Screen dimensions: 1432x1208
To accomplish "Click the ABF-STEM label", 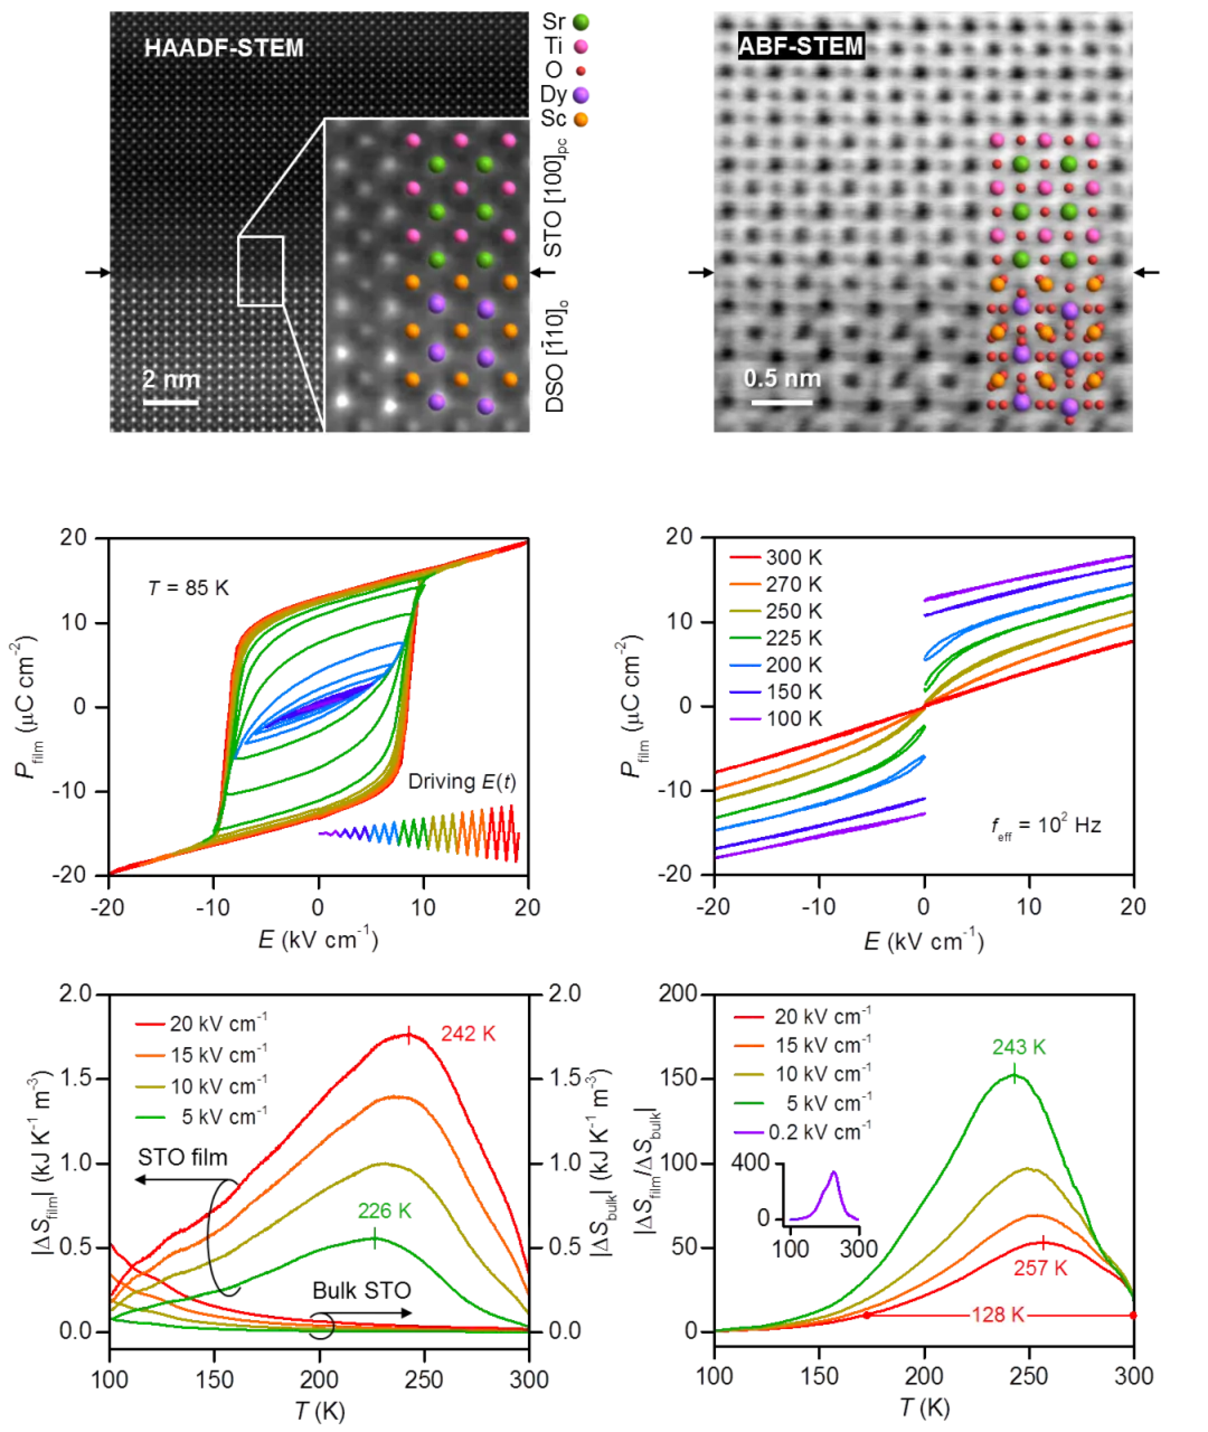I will [x=801, y=47].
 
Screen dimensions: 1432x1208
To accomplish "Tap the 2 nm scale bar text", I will [x=171, y=379].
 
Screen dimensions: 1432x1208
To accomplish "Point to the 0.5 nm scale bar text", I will [x=782, y=378].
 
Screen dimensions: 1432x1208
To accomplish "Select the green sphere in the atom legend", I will [x=581, y=22].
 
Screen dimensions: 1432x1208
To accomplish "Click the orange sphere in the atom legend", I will [x=581, y=120].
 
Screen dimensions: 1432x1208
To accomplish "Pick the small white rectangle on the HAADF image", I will [x=260, y=271].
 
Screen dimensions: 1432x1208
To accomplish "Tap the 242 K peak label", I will [x=469, y=1034].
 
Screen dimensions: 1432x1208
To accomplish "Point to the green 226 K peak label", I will [x=384, y=1211].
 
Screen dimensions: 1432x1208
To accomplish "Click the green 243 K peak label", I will [x=1019, y=1047].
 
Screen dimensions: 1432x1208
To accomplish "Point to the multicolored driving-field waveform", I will [x=419, y=833].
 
